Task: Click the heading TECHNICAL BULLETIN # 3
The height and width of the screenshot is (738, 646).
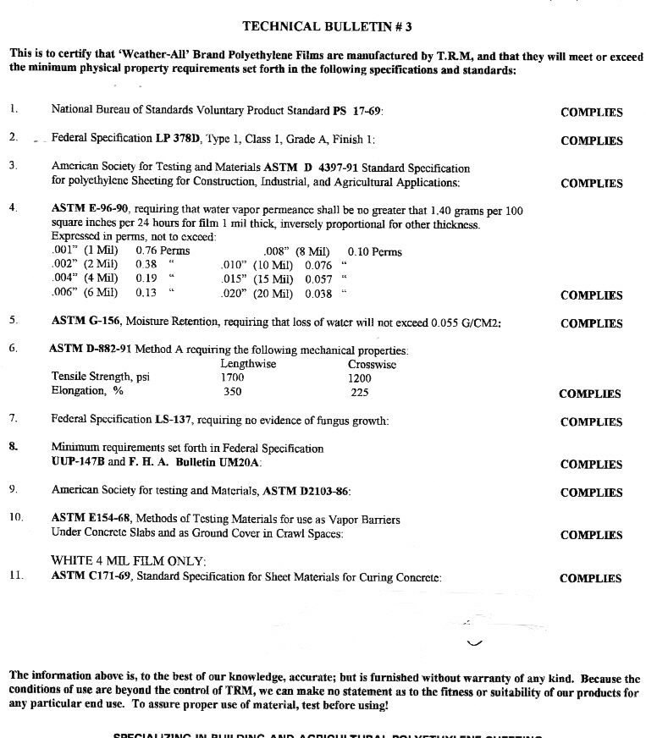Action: (327, 26)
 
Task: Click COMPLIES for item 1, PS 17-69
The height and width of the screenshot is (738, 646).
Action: (591, 113)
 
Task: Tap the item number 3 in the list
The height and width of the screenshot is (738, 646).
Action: (14, 165)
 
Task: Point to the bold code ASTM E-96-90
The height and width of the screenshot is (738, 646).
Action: (90, 209)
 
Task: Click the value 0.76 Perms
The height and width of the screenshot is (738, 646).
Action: (163, 251)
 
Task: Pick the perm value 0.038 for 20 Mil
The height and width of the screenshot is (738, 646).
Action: (318, 295)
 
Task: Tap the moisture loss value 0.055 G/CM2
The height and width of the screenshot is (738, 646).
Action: (466, 322)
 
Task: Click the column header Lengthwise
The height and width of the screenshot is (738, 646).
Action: (248, 364)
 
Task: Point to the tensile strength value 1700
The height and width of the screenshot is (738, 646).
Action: (232, 377)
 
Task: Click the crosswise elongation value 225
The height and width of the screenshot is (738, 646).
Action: (360, 392)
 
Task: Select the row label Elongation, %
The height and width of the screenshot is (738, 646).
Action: (87, 391)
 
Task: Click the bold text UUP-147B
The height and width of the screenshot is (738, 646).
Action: (79, 463)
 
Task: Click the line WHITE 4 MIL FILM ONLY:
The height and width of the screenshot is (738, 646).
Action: (129, 560)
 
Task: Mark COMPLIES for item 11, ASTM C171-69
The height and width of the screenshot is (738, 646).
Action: (591, 579)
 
